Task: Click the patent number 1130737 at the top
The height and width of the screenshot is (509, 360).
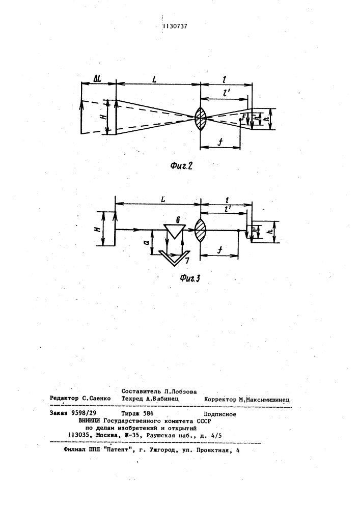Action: (x=175, y=26)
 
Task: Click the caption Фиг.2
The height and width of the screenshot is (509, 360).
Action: (x=181, y=166)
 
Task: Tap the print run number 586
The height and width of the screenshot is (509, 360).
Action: (x=148, y=413)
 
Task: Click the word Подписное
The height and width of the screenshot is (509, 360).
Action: (x=220, y=414)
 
